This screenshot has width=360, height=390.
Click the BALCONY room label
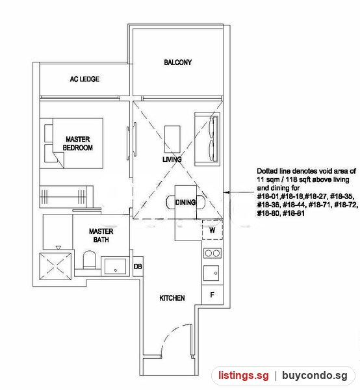pos(178,62)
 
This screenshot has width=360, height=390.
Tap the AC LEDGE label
pos(84,79)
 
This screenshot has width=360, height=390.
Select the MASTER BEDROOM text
pos(77,143)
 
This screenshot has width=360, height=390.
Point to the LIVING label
pos(172,159)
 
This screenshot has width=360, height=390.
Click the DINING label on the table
pos(185,202)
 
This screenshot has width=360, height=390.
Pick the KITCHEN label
pos(172,298)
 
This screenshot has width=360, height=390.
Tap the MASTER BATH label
pos(101,235)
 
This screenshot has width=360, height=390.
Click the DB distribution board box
pos(138,266)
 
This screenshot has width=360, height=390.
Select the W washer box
pos(212,230)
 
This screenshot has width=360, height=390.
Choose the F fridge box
pos(212,295)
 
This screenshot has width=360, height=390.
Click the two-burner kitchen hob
pos(212,253)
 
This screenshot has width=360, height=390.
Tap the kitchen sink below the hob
pos(211,273)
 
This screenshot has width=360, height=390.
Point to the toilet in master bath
pos(89,259)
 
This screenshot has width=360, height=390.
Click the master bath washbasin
pos(115,266)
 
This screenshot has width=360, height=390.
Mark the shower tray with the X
pos(55,266)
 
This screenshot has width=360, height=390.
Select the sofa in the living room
pos(207,139)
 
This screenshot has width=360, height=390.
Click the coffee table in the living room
pos(172,139)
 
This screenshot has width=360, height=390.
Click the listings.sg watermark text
pos(244,375)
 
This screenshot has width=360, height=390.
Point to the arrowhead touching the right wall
pos(225,192)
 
